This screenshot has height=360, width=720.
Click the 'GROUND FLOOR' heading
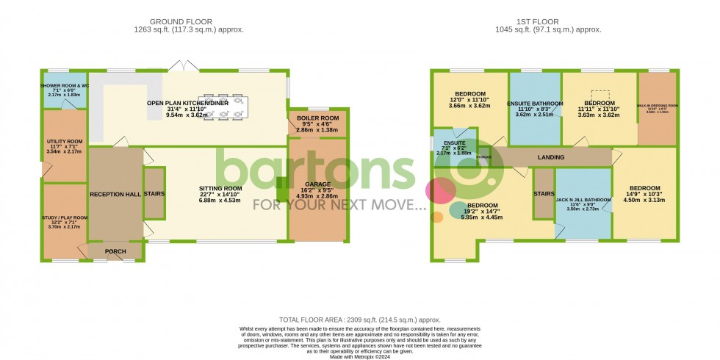pyautogui.click(x=188, y=21)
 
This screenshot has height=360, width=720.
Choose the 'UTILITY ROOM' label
pyautogui.click(x=65, y=141)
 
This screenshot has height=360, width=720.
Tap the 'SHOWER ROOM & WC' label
pyautogui.click(x=65, y=86)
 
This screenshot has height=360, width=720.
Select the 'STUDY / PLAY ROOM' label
pyautogui.click(x=64, y=217)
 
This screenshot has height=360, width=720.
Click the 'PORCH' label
pyautogui.click(x=115, y=252)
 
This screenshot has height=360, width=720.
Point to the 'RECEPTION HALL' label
pyautogui.click(x=115, y=194)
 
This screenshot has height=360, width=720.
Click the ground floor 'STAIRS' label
pyautogui.click(x=154, y=194)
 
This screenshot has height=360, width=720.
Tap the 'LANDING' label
pyautogui.click(x=551, y=157)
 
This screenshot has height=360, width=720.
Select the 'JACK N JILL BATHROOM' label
pyautogui.click(x=583, y=199)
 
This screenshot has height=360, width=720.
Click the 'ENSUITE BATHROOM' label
pyautogui.click(x=535, y=104)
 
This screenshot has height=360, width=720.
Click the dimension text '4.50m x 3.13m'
pyautogui.click(x=644, y=199)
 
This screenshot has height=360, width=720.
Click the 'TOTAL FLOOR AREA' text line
pyautogui.click(x=359, y=320)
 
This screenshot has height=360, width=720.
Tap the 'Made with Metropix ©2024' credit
pyautogui.click(x=359, y=356)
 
